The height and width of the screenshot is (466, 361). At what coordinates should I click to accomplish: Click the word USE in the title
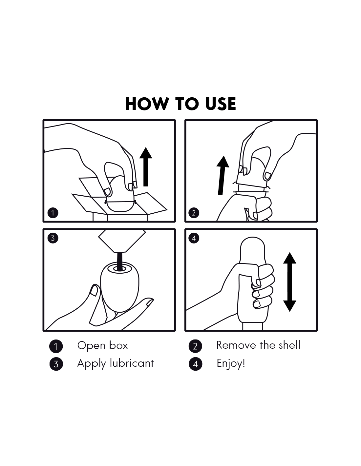[221, 104]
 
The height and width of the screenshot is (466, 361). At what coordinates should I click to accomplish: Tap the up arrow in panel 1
[146, 166]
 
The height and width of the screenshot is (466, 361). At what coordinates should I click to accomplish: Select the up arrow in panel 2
[222, 175]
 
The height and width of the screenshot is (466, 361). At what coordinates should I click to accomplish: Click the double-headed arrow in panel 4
[290, 282]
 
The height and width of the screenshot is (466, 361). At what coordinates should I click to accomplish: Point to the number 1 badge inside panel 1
[53, 213]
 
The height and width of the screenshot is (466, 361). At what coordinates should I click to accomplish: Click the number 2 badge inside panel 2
[194, 213]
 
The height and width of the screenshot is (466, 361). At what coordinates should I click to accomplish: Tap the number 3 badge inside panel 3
[53, 238]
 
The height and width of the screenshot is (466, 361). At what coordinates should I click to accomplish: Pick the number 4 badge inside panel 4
[194, 238]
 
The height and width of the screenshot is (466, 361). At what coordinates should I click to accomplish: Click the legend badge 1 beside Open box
[56, 346]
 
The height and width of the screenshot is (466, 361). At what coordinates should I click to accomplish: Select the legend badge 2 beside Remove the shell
[195, 346]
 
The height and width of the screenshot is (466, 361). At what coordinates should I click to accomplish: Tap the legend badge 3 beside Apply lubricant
[56, 364]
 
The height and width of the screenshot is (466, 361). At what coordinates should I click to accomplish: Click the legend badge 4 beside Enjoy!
[195, 364]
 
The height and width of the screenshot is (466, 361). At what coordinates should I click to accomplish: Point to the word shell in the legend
[289, 345]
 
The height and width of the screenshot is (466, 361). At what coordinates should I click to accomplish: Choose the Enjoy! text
[231, 364]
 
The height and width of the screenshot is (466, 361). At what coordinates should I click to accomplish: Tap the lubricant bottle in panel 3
[122, 241]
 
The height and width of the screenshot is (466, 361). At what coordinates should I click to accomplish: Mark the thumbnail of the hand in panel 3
[94, 291]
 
